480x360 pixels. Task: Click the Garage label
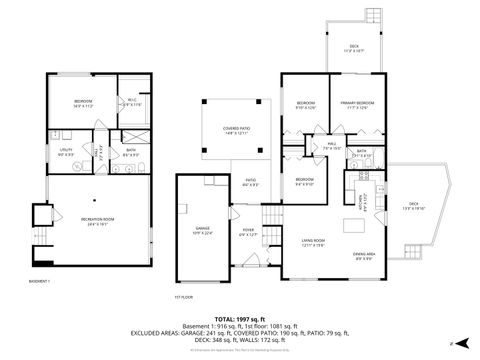(202, 230)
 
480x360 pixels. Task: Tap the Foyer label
(248, 231)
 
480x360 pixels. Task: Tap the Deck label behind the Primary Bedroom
(355, 47)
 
